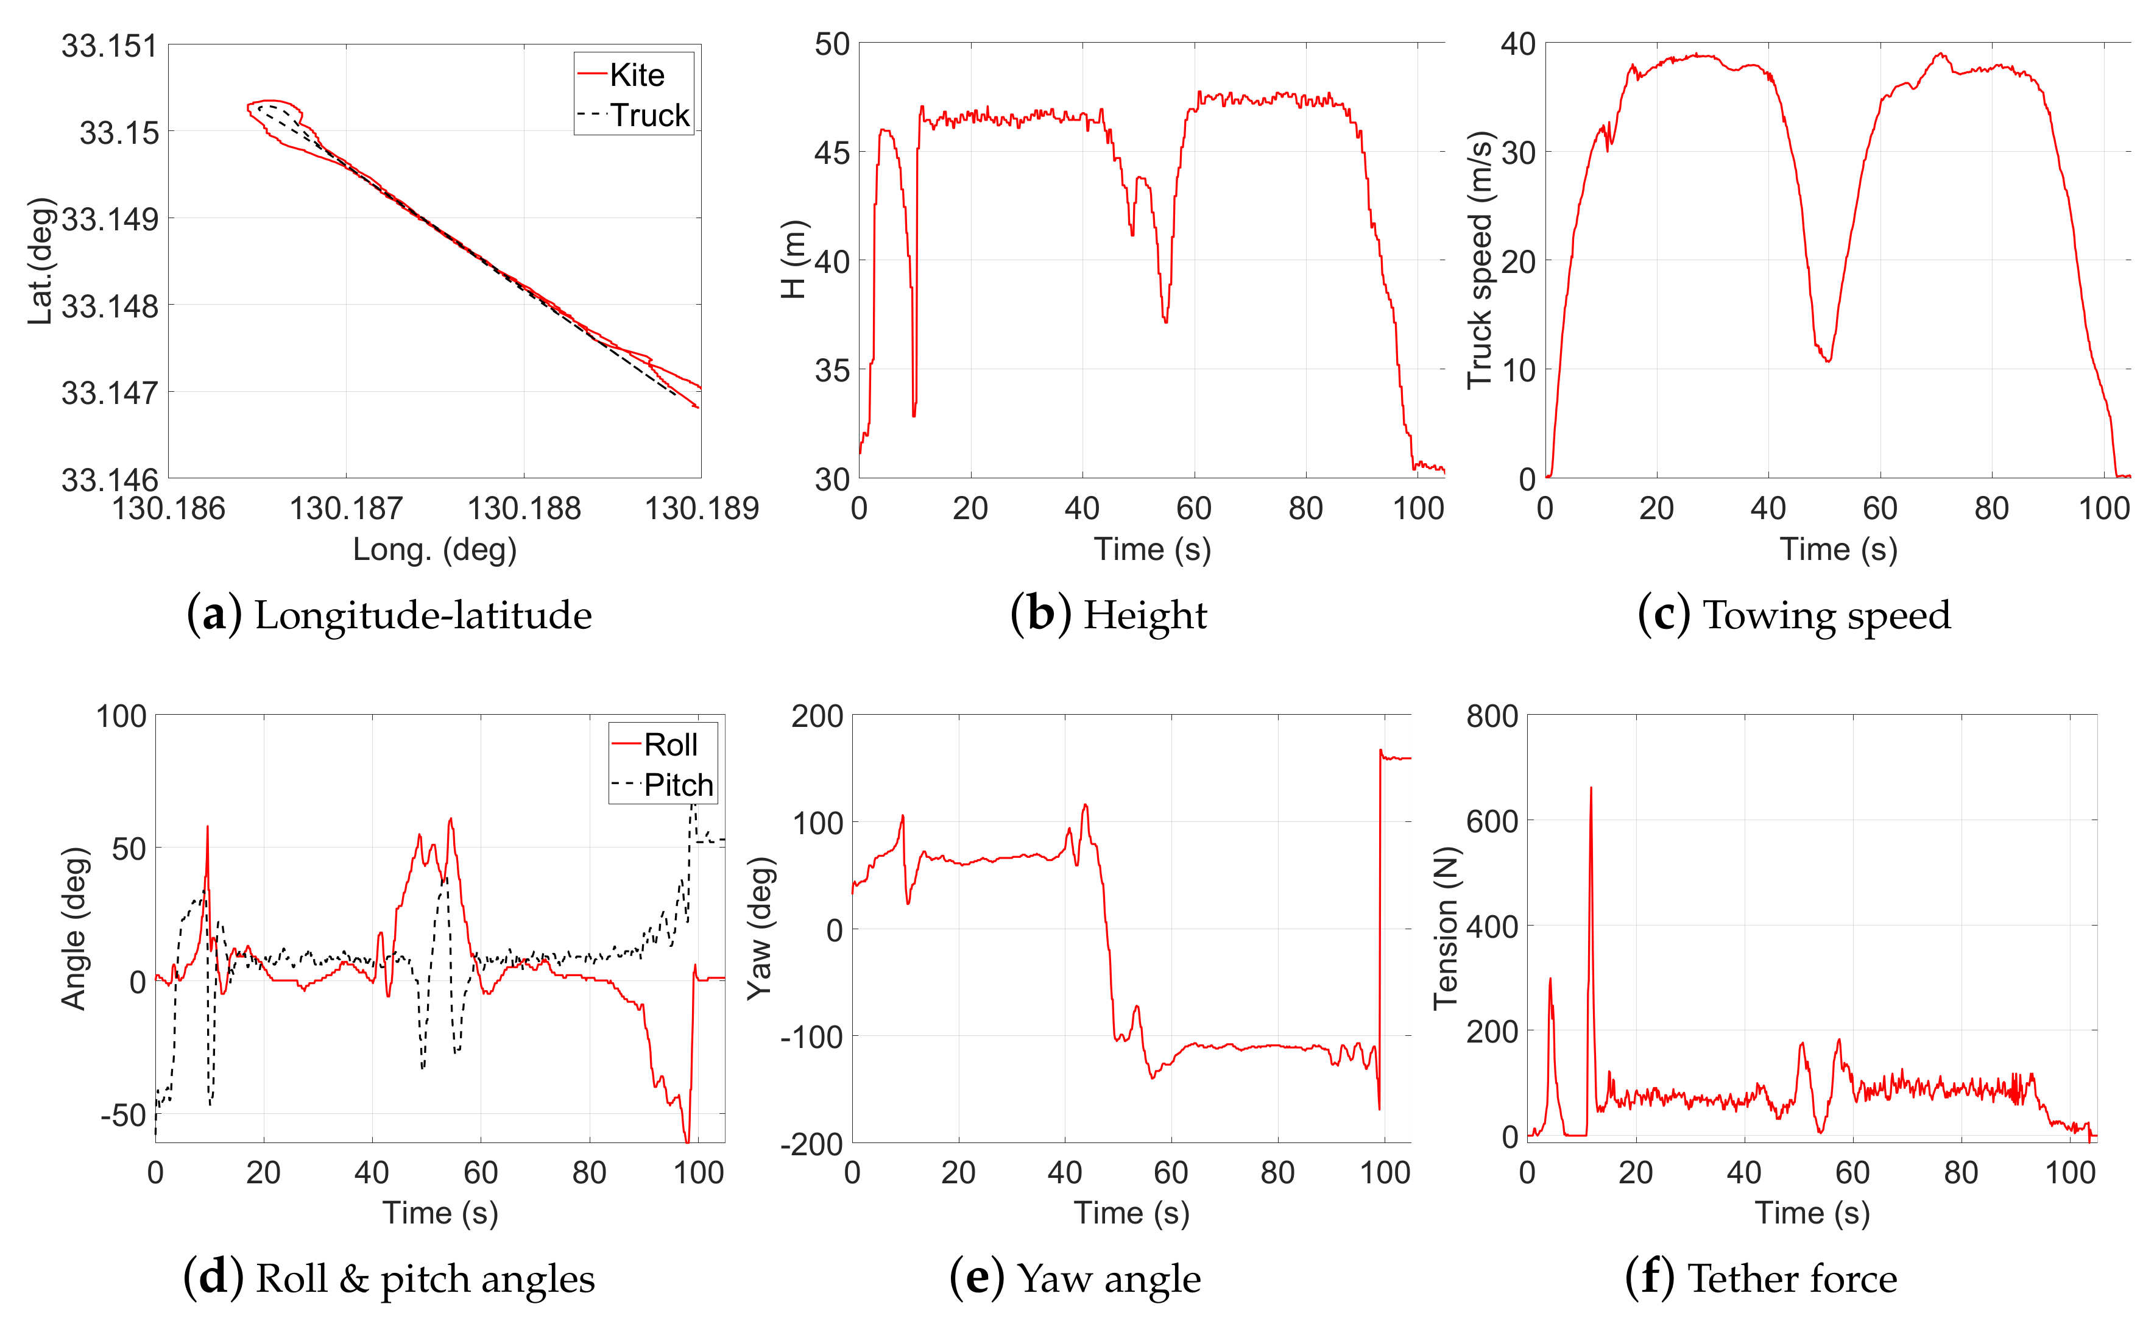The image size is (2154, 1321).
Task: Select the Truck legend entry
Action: pyautogui.click(x=649, y=115)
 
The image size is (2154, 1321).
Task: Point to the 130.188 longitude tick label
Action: pyautogui.click(x=524, y=508)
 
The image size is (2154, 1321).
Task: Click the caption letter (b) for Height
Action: pyautogui.click(x=1040, y=615)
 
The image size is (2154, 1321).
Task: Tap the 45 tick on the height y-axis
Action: pyautogui.click(x=832, y=153)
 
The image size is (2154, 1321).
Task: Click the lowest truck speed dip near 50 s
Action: pyautogui.click(x=1828, y=360)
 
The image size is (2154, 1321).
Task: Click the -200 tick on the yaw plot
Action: pyautogui.click(x=812, y=1144)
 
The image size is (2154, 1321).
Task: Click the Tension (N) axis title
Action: pyautogui.click(x=1446, y=927)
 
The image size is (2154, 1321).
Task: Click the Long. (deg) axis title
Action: pyautogui.click(x=434, y=550)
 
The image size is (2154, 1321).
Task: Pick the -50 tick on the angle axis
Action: pyautogui.click(x=122, y=1116)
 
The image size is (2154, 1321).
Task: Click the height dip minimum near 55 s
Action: pyautogui.click(x=1165, y=322)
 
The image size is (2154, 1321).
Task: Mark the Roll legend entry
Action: pyautogui.click(x=669, y=745)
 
